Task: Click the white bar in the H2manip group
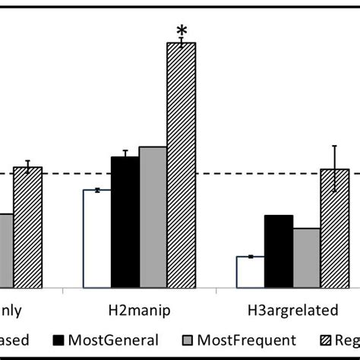point(96,238)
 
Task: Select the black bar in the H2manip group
point(125,222)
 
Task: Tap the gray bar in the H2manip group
point(153,217)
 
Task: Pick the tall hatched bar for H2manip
point(181,165)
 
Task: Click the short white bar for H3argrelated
point(251,272)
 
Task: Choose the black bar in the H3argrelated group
point(279,251)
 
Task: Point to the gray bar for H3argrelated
point(307,257)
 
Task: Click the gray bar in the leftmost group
point(5,250)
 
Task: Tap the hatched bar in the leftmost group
point(27,227)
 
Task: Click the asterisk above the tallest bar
point(182,31)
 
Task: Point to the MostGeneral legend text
point(113,341)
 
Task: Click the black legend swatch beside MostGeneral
point(58,341)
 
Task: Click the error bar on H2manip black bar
point(125,154)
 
